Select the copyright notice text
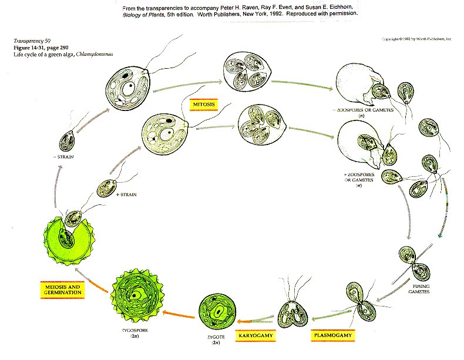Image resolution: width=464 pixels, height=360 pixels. [416, 39]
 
